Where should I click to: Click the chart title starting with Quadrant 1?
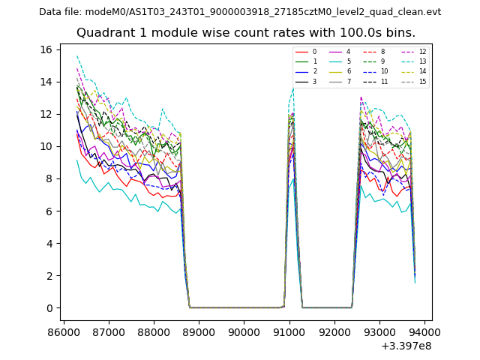pos(245,33)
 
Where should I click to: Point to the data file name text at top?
pos(240,12)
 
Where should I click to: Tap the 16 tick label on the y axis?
pos(46,49)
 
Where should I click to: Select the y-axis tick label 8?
pos(49,178)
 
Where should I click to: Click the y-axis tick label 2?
pos(49,276)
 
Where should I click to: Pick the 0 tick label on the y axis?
pos(49,308)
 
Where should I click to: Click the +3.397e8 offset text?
pos(406,346)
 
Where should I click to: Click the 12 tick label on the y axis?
pos(46,114)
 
